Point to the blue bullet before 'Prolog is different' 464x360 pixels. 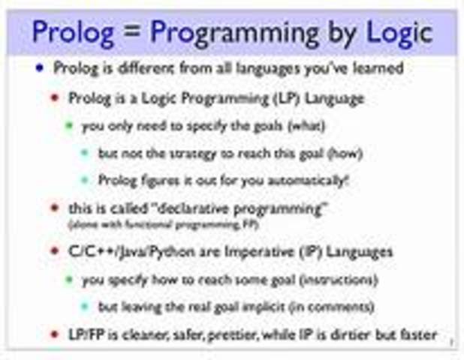pos(40,68)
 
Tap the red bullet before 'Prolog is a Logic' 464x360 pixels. pos(54,97)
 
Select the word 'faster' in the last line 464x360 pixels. pos(414,334)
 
